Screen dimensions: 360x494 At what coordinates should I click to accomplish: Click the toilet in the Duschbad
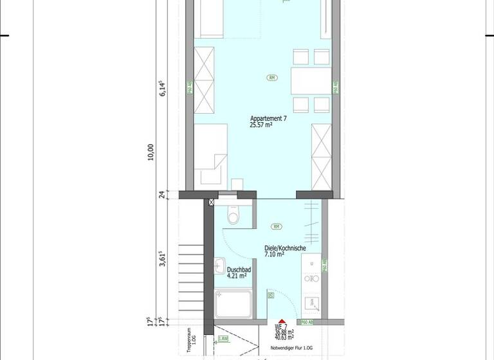point(233,217)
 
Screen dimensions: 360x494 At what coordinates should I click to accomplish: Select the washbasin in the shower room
point(220,264)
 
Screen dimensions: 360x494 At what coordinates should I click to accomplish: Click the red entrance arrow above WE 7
point(282,321)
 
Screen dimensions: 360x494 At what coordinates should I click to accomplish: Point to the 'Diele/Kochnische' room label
point(284,248)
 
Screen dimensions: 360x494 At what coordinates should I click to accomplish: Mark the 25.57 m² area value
point(261,125)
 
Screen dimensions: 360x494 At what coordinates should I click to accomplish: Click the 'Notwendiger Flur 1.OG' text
point(294,346)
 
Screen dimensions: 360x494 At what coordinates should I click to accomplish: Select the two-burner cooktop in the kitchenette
point(311,279)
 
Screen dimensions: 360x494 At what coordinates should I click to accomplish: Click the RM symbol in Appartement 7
point(273,78)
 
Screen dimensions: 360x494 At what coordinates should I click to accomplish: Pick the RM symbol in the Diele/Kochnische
point(277,226)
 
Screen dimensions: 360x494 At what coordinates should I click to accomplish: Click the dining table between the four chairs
point(311,81)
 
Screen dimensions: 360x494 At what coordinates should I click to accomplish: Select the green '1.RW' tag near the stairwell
point(223,339)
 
